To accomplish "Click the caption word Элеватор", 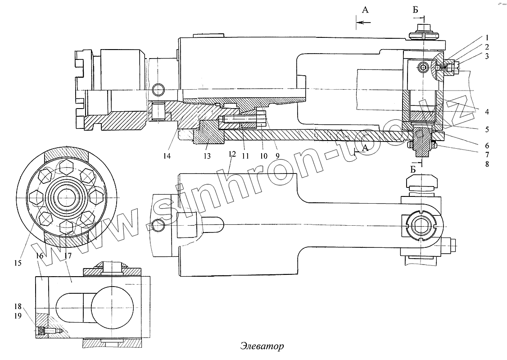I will pos(262,347).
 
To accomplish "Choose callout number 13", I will pos(207,156).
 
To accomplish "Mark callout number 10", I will pos(264,156).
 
